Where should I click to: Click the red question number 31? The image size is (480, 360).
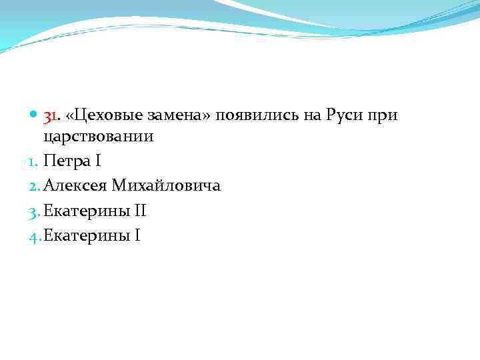point(51,116)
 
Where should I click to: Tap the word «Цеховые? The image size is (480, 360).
point(97,116)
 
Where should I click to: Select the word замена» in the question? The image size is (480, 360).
point(169,116)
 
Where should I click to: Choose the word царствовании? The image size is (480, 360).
point(98,137)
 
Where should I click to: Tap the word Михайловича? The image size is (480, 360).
point(167,187)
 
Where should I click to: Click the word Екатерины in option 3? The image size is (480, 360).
point(85,212)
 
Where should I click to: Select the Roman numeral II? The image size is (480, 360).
point(140,212)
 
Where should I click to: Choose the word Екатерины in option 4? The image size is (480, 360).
point(85,237)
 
